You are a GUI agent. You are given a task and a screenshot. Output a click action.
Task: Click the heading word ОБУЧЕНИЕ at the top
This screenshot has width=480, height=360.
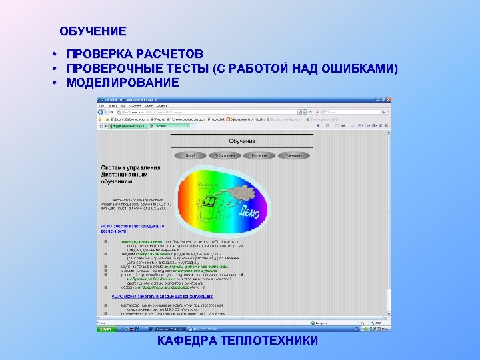(93, 31)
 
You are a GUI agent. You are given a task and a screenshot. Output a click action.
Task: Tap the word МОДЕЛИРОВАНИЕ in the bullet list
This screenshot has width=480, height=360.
(123, 83)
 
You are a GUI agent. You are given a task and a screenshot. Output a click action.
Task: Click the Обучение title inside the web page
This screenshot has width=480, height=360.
(243, 141)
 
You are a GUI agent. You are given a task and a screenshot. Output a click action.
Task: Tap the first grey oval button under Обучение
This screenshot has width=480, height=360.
(191, 155)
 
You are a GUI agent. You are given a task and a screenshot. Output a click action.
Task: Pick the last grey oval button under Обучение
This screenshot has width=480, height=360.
(291, 155)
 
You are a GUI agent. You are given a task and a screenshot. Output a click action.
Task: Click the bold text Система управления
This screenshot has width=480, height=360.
(131, 167)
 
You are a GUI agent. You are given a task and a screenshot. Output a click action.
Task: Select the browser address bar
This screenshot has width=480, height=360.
(200, 113)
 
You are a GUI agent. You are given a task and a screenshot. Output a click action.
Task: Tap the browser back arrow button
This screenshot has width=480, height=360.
(103, 113)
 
